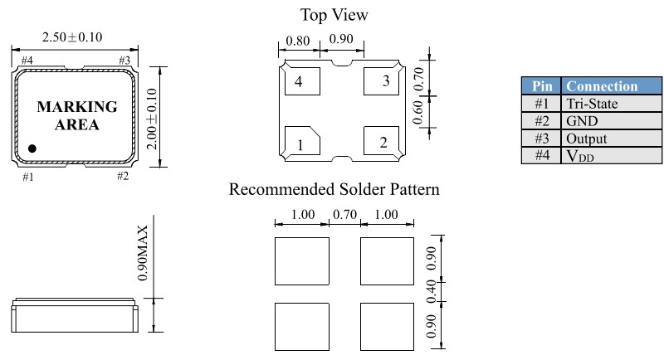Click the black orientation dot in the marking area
coord(32,148)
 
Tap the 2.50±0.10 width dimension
coord(73,38)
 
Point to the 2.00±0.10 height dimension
coord(151,119)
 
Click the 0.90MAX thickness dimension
coord(144,252)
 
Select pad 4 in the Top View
coord(298,81)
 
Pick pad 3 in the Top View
coord(383,81)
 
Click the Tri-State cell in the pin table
coord(592,104)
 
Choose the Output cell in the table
coord(586,139)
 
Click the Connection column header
coord(602,86)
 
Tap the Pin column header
coord(541,86)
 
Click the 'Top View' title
coord(334,15)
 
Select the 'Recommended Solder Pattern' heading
coord(334,190)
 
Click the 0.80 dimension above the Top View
coord(299,40)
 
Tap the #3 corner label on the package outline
coord(124,60)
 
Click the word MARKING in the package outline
coord(77,108)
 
